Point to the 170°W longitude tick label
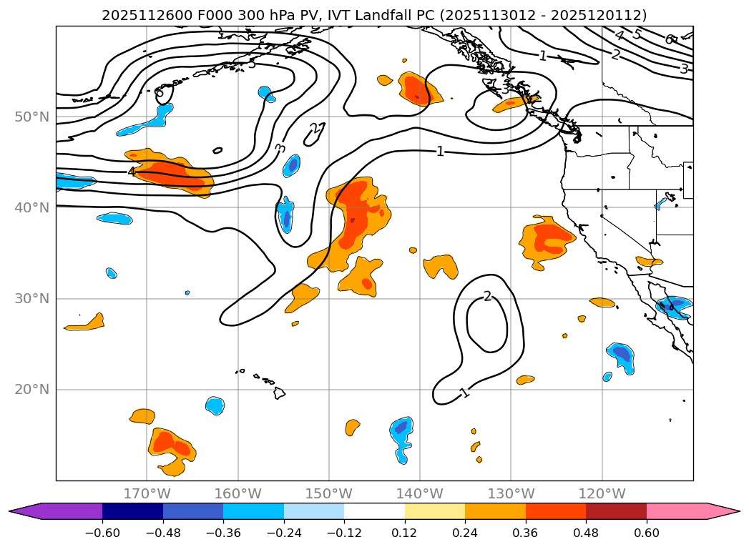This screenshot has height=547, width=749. pyautogui.click(x=147, y=493)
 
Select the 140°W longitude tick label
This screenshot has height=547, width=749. pyautogui.click(x=420, y=493)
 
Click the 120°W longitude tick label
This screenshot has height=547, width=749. pyautogui.click(x=602, y=493)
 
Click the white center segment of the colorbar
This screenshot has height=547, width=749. pyautogui.click(x=374, y=511)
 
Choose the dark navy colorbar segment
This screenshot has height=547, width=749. pyautogui.click(x=132, y=511)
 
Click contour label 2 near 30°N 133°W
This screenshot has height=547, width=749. pyautogui.click(x=487, y=296)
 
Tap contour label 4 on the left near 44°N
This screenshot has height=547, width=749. pyautogui.click(x=132, y=172)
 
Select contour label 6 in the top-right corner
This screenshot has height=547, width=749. pyautogui.click(x=668, y=39)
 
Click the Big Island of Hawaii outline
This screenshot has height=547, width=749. pyautogui.click(x=279, y=393)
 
